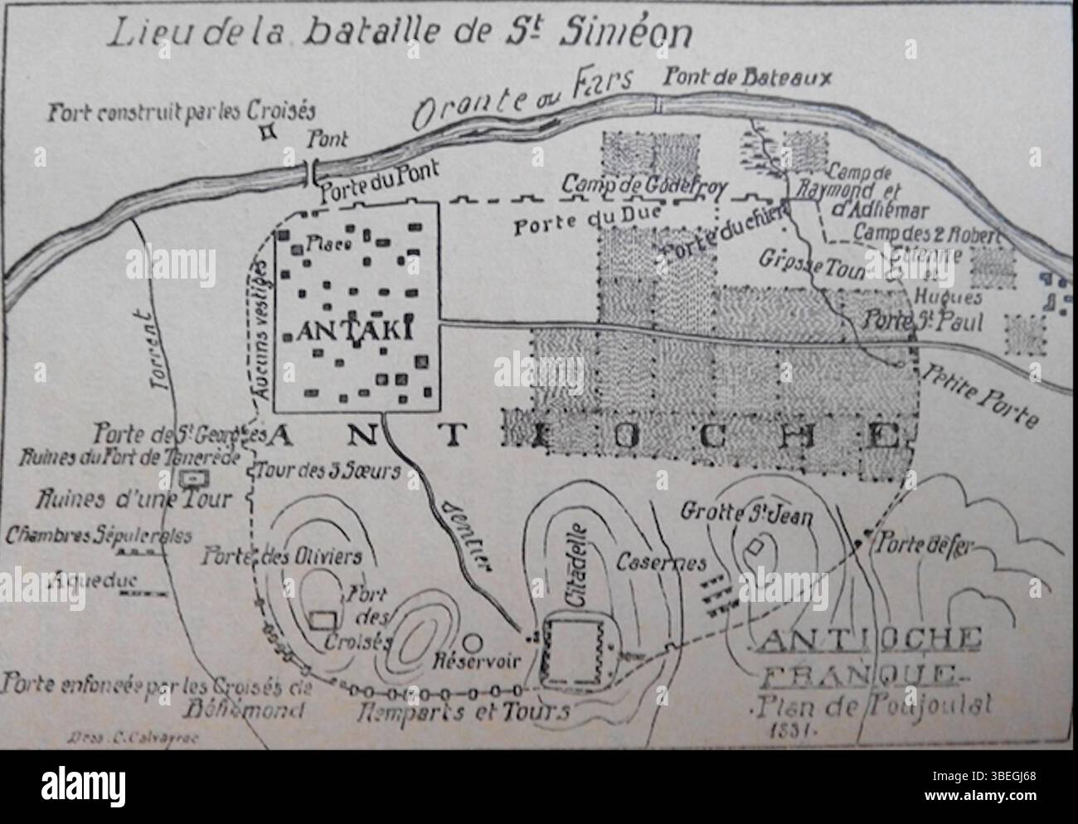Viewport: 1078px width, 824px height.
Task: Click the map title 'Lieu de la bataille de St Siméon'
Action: pos(398,34)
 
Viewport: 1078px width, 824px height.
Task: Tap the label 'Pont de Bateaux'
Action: pos(747,78)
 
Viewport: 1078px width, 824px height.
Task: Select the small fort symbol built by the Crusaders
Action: pos(268,131)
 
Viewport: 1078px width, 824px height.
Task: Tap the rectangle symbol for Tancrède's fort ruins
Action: pos(194,478)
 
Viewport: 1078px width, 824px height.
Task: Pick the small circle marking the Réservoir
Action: pos(472,641)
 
